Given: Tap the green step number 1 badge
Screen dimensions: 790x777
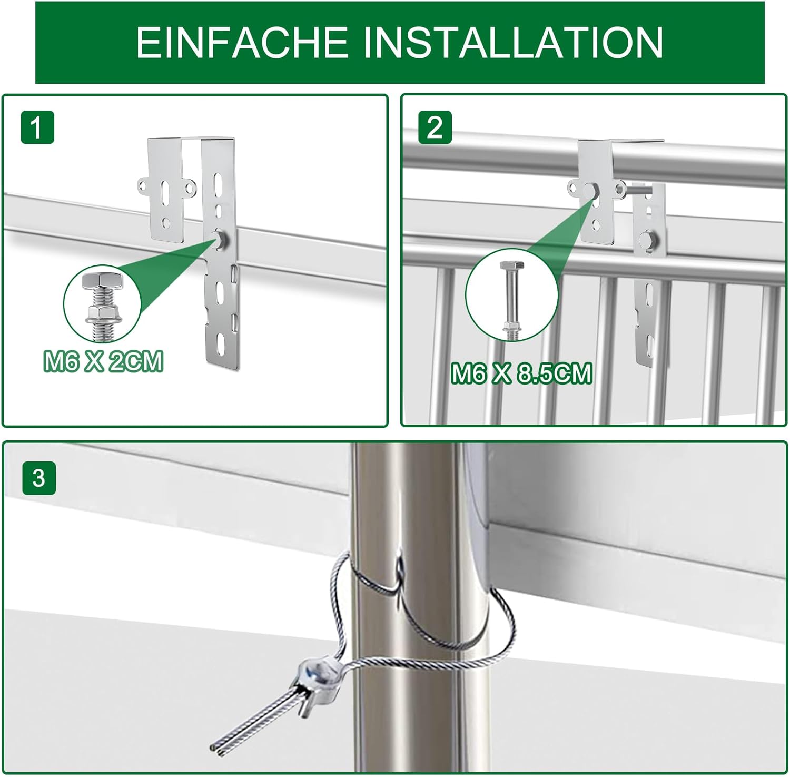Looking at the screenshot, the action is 37,127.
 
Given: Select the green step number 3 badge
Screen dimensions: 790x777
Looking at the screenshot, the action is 38,478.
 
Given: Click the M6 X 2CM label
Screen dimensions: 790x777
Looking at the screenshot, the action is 103,362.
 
